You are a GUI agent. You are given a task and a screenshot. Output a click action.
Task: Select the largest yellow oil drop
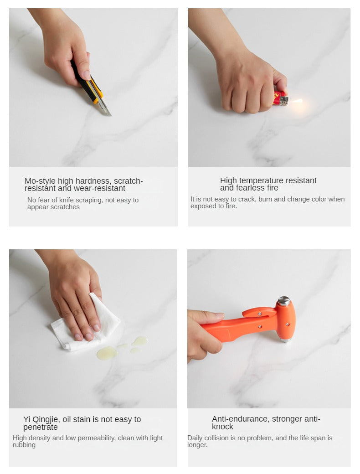coord(106,353)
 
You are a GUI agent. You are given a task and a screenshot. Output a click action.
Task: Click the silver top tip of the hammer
coord(284,301)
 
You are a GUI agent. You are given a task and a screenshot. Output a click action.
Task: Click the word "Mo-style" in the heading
coord(40,181)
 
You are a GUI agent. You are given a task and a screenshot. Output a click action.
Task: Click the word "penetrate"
coord(40,427)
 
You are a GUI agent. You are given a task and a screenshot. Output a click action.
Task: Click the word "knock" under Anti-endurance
coord(222,427)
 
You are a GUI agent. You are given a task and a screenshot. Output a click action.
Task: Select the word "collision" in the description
coord(218,438)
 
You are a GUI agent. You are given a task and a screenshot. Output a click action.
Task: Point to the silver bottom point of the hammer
coord(285,340)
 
